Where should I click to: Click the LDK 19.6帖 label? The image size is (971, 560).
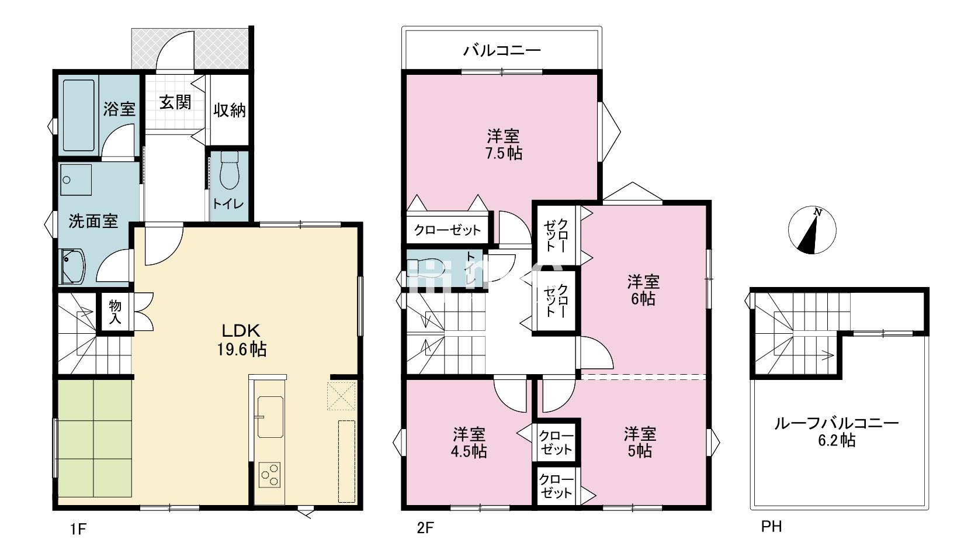[241, 340]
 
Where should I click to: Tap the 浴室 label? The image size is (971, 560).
[119, 109]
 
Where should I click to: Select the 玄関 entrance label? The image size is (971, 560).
[175, 103]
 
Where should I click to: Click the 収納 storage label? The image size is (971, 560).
[229, 110]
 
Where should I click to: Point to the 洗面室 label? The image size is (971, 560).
[93, 221]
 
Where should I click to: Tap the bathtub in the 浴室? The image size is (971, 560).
[78, 115]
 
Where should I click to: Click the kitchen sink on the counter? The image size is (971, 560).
[270, 416]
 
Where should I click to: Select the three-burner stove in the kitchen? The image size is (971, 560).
[270, 475]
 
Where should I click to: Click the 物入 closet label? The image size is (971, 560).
[115, 312]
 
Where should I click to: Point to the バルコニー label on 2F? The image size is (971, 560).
[502, 51]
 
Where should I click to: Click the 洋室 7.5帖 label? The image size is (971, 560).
[503, 144]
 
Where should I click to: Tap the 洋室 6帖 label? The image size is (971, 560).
[643, 290]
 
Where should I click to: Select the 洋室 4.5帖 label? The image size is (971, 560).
[469, 443]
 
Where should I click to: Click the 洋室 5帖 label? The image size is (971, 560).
[640, 443]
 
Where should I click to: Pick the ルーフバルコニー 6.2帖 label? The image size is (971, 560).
[837, 432]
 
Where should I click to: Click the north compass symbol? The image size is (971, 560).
[812, 230]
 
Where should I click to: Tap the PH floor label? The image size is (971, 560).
[772, 527]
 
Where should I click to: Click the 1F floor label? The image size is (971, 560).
[78, 529]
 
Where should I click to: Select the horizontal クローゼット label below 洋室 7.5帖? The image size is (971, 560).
[448, 230]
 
